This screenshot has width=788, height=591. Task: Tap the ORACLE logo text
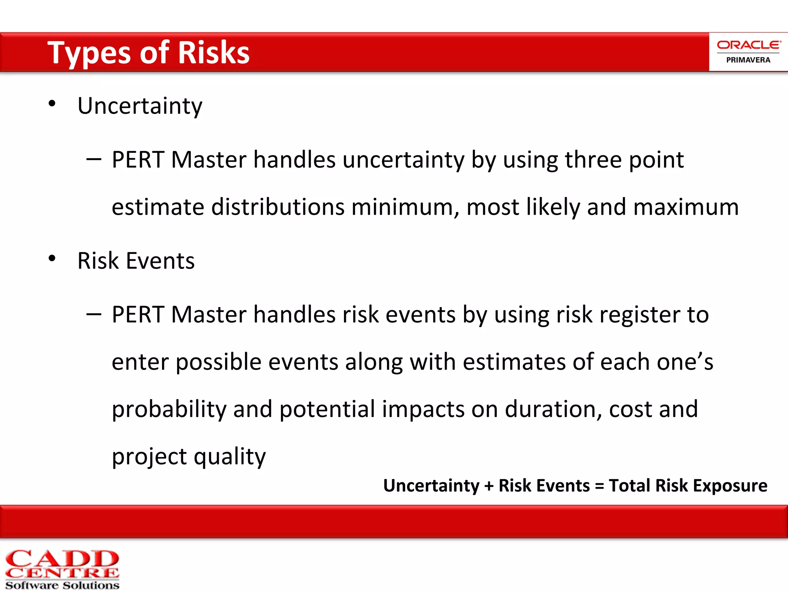(x=748, y=45)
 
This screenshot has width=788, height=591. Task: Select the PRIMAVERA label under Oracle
(x=748, y=60)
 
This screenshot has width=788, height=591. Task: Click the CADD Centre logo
(x=62, y=569)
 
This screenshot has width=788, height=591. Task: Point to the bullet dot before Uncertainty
(x=52, y=104)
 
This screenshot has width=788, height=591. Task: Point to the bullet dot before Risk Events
(x=52, y=259)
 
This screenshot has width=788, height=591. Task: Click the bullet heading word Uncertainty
(x=140, y=106)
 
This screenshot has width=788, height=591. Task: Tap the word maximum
(x=686, y=207)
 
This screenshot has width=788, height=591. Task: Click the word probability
(x=169, y=409)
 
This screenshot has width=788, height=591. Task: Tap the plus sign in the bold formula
(x=489, y=486)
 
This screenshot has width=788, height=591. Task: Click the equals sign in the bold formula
(x=599, y=486)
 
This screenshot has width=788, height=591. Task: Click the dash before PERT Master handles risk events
(x=94, y=314)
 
